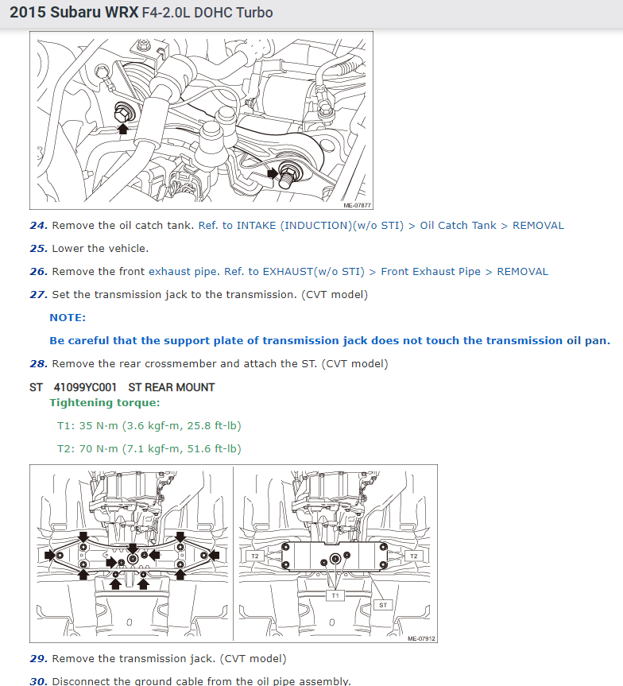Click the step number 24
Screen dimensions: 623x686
pyautogui.click(x=38, y=225)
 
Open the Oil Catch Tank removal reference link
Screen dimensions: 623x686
pyautogui.click(x=381, y=225)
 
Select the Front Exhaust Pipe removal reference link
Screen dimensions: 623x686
pyautogui.click(x=386, y=271)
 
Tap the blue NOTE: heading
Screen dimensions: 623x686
pyautogui.click(x=68, y=318)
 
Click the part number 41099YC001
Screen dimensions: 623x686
pyautogui.click(x=85, y=387)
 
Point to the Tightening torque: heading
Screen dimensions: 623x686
pyautogui.click(x=105, y=402)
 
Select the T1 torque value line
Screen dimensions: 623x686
pyautogui.click(x=149, y=426)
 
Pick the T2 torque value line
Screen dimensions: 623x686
pyautogui.click(x=149, y=449)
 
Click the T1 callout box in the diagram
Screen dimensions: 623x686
pyautogui.click(x=335, y=595)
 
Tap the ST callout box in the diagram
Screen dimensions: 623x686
pyautogui.click(x=383, y=605)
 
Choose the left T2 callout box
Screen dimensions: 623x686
pyautogui.click(x=255, y=556)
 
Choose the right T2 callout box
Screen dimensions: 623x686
pyautogui.click(x=414, y=556)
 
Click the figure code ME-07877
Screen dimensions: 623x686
pyautogui.click(x=357, y=205)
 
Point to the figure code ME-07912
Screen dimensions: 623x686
pyautogui.click(x=421, y=639)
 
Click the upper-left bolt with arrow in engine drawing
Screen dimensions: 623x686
pyautogui.click(x=123, y=113)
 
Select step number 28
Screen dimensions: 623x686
pyautogui.click(x=38, y=363)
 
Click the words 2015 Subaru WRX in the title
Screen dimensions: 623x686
pyautogui.click(x=74, y=12)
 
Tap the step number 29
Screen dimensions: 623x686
pyautogui.click(x=38, y=658)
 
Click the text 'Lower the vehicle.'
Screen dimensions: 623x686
pyautogui.click(x=100, y=249)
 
